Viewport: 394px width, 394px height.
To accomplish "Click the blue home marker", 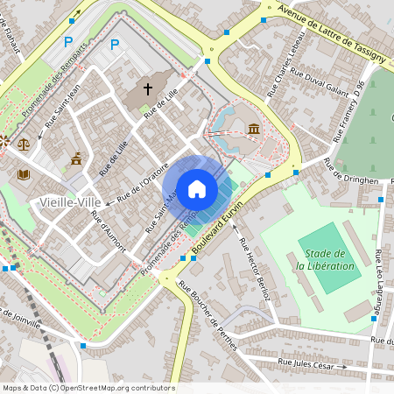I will coord(197,189).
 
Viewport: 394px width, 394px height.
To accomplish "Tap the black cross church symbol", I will coord(148,88).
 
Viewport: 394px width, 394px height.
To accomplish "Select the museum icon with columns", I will coord(253,130).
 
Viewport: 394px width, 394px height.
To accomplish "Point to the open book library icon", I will coord(23,174).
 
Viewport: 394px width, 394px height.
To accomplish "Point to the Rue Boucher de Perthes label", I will coord(208,314).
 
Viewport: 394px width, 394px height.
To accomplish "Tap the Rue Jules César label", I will coord(306,362).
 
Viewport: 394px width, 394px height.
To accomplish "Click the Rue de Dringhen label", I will coord(350,171).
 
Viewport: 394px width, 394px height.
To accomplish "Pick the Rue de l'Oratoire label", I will coord(140,180).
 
